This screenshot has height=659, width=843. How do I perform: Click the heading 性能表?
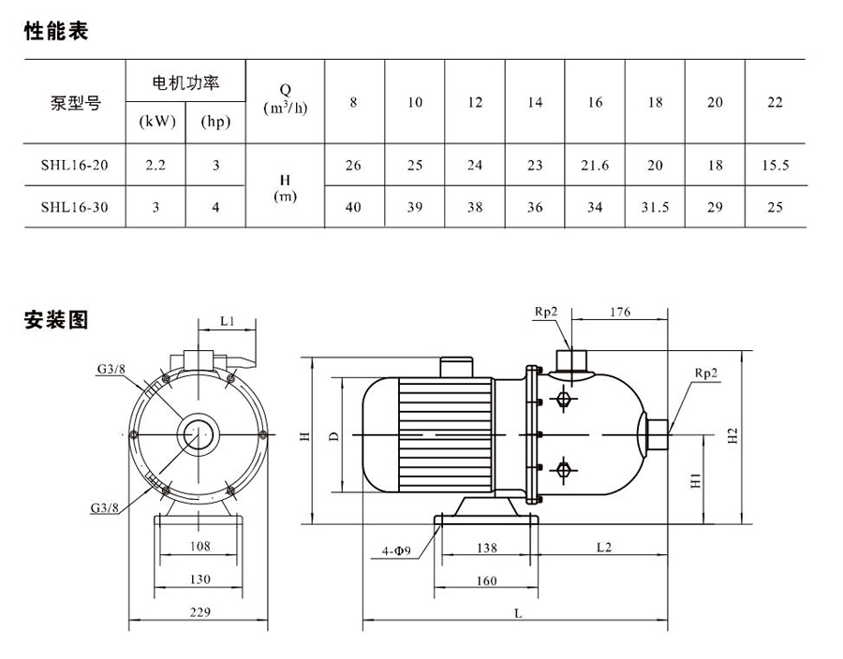coord(56,32)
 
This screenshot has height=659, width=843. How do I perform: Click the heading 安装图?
coord(56,320)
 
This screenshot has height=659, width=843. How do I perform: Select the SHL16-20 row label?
coord(74,166)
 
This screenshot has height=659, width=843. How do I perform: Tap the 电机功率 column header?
coord(185,83)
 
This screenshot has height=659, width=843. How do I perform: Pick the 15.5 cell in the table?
coord(775,166)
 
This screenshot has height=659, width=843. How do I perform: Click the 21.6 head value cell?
coord(595,166)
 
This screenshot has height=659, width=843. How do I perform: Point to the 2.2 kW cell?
coord(155,166)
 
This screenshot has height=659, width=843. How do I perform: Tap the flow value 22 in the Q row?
coord(775,102)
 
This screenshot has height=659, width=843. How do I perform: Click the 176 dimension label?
coord(619,312)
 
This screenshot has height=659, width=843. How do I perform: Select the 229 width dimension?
coord(197,611)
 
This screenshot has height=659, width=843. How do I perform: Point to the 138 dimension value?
coord(487,546)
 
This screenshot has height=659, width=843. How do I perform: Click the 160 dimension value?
coord(486,580)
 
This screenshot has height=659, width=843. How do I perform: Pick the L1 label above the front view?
coord(227,321)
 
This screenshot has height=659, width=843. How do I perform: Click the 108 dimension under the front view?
coord(200,546)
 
